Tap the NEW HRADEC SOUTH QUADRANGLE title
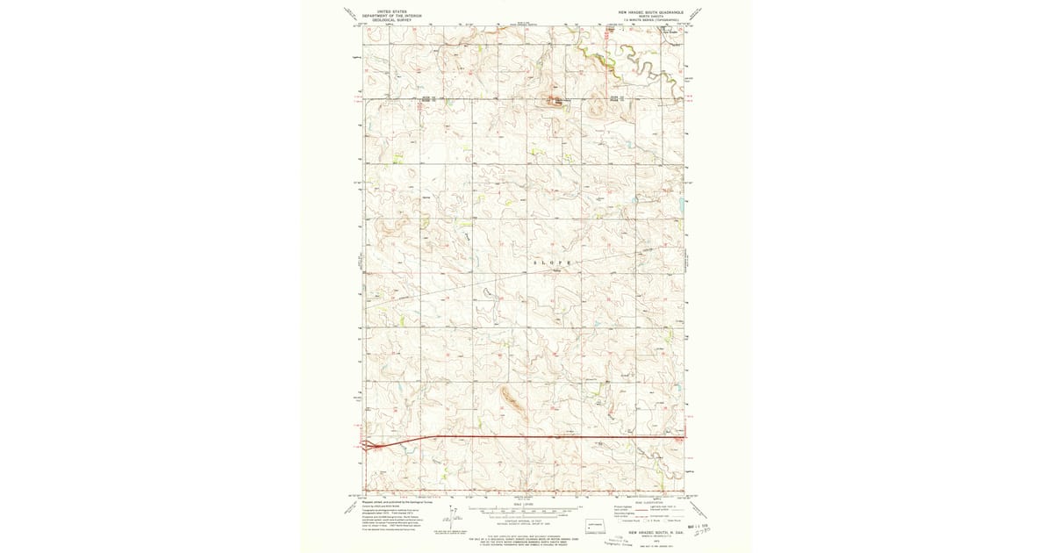(649, 12)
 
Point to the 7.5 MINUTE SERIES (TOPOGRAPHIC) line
(649, 19)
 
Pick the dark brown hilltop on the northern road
(555, 98)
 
